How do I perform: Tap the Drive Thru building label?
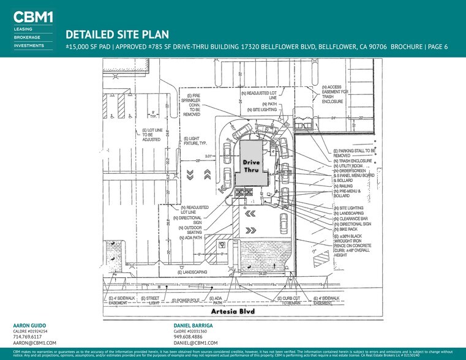[251, 165]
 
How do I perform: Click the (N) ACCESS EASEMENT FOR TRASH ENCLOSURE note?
[339, 94]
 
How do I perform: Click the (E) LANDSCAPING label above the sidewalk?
[191, 271]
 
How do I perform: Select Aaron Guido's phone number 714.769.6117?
[28, 336]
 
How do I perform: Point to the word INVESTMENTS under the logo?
[29, 45]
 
